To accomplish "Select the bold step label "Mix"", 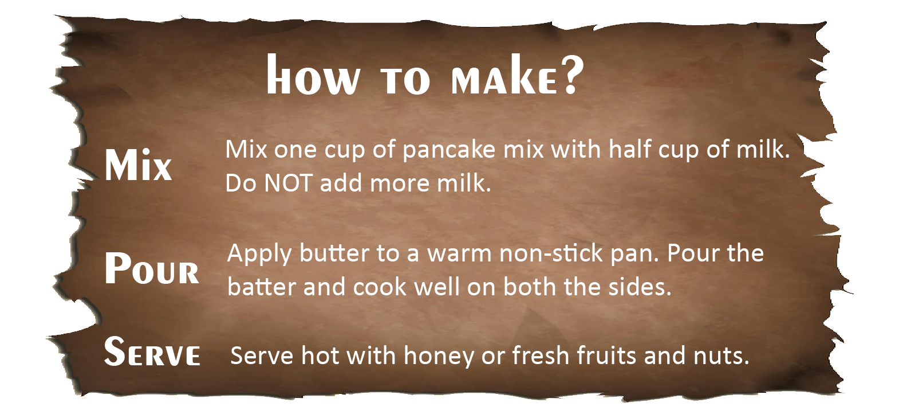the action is pyautogui.click(x=138, y=165).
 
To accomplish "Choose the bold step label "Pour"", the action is pyautogui.click(x=152, y=268).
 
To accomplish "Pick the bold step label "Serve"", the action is pyautogui.click(x=152, y=351).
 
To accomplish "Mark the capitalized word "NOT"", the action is pyautogui.click(x=288, y=183).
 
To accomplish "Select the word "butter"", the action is pyautogui.click(x=334, y=253).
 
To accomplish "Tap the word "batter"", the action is pyautogui.click(x=262, y=287).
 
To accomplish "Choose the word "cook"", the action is pyautogui.click(x=380, y=287).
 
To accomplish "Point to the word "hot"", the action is pyautogui.click(x=320, y=356).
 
